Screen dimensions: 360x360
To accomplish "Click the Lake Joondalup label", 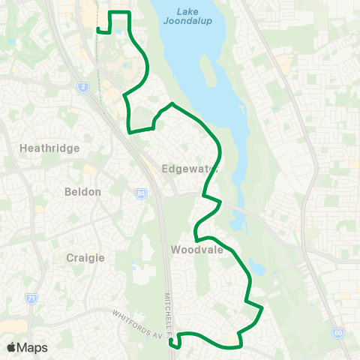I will (179, 16).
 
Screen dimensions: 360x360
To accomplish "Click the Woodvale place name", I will (197, 250).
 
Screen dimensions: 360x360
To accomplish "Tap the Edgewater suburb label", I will (190, 169).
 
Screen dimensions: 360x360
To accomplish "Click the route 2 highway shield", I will (82, 88).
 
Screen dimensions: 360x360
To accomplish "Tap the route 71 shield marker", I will (31, 298).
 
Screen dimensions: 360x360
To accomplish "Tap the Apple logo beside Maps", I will (11, 347).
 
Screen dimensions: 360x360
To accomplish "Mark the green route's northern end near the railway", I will (98, 30).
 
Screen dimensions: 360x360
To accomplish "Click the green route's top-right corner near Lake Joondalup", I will (129, 13).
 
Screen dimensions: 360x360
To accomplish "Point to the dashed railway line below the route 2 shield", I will (96, 105).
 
